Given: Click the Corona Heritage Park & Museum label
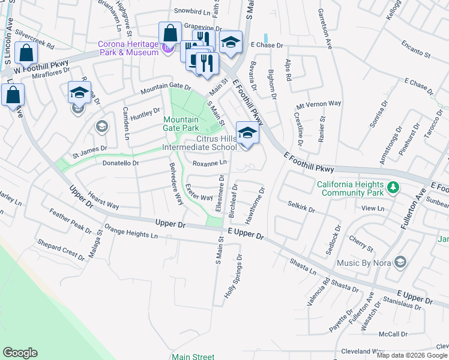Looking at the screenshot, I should pos(129,48).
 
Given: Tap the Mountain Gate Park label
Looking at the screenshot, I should pos(181,124).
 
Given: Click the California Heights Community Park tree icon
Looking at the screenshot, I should pos(393,188).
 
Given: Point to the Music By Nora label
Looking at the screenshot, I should pos(361,262).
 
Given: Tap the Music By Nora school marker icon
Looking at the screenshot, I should pos(400,262).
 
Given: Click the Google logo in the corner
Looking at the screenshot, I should pos(20,353).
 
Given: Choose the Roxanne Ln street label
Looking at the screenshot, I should pos(209,163).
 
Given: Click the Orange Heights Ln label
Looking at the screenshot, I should pos(131,232).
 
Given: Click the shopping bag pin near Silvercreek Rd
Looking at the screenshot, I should pos(27,53).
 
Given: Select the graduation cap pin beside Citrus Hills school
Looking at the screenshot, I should pos(247,133).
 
